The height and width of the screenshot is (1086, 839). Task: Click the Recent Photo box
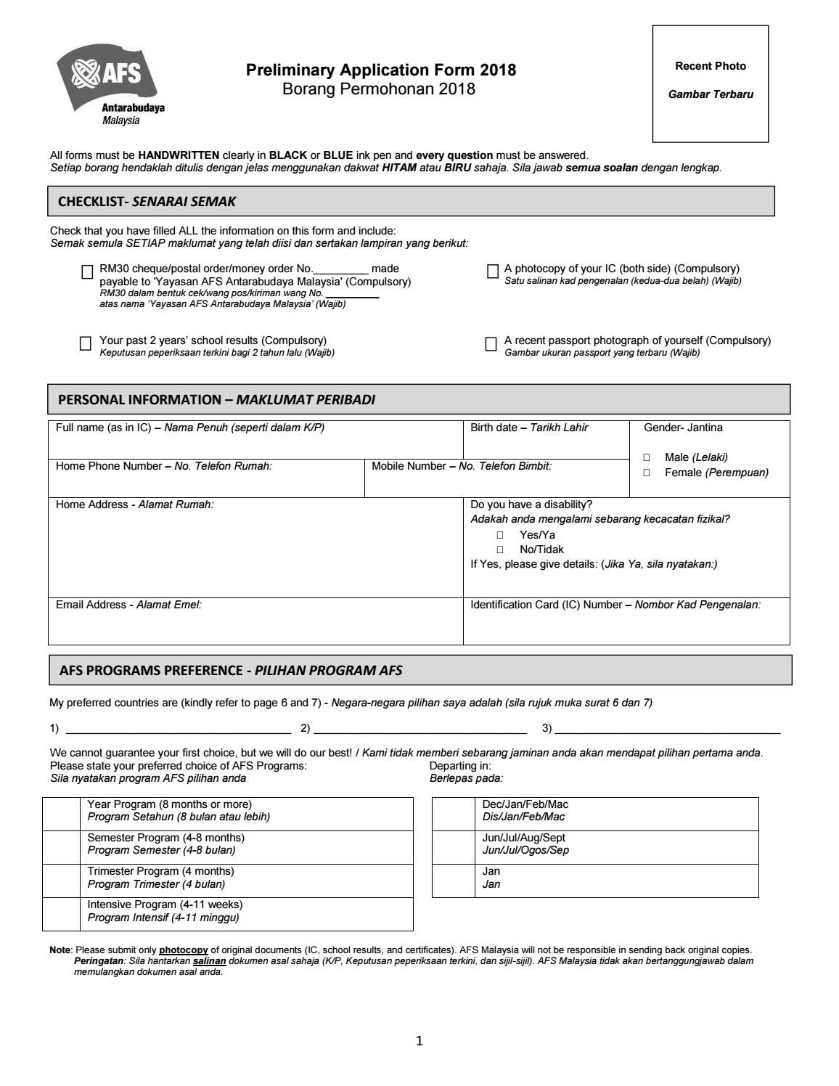pyautogui.click(x=710, y=83)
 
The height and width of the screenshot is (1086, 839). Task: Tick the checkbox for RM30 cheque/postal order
pyautogui.click(x=88, y=271)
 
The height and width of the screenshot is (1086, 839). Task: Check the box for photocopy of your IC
pyautogui.click(x=493, y=271)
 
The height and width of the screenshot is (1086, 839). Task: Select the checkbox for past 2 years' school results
pyautogui.click(x=86, y=343)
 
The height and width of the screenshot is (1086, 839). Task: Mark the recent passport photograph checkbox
pyautogui.click(x=491, y=343)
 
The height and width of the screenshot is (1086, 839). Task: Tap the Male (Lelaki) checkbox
pyautogui.click(x=647, y=458)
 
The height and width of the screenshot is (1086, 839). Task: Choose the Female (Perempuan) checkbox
pyautogui.click(x=647, y=473)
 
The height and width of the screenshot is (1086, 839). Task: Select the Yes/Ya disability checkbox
pyautogui.click(x=500, y=536)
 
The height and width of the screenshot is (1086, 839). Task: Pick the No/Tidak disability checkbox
pyautogui.click(x=500, y=550)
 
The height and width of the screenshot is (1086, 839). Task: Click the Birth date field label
pyautogui.click(x=529, y=428)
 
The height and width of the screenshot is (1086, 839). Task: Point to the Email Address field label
pyautogui.click(x=128, y=605)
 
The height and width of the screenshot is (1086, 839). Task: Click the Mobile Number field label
pyautogui.click(x=461, y=466)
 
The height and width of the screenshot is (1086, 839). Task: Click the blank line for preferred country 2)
pyautogui.click(x=420, y=729)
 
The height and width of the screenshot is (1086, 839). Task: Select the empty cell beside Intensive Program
pyautogui.click(x=61, y=914)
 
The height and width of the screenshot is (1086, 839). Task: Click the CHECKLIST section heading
pyautogui.click(x=147, y=202)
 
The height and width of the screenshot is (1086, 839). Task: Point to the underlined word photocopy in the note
pyautogui.click(x=184, y=950)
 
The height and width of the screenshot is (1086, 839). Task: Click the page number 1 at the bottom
pyautogui.click(x=419, y=1041)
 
